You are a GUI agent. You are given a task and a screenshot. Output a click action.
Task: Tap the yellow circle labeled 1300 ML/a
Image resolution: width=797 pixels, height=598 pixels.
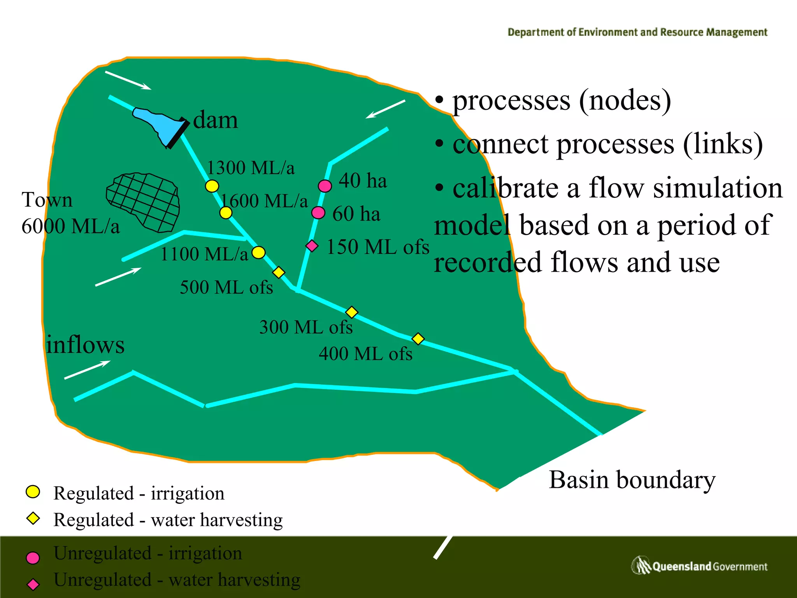[212, 186]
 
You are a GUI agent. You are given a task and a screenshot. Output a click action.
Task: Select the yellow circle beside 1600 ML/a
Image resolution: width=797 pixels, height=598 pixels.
[226, 213]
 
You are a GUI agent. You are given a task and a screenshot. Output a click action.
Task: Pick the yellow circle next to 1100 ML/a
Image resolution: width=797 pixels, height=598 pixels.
[258, 253]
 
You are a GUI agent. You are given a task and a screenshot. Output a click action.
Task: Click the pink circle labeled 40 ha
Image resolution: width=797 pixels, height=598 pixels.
[325, 186]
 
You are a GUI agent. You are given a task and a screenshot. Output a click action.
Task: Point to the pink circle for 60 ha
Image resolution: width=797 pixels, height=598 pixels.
[318, 213]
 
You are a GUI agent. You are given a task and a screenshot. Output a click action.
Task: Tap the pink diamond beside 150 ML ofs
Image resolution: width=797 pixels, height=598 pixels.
[312, 246]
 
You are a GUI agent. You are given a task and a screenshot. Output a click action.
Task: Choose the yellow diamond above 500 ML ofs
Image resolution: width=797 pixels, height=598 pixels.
[279, 272]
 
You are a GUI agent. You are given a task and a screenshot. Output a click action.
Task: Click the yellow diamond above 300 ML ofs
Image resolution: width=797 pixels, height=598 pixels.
[351, 312]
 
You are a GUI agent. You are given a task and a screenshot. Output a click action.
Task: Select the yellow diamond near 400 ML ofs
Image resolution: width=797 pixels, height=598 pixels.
[418, 339]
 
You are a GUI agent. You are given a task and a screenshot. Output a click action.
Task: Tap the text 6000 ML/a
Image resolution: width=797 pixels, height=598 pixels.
[70, 226]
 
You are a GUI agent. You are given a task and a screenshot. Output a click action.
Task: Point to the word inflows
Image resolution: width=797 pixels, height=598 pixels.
[85, 345]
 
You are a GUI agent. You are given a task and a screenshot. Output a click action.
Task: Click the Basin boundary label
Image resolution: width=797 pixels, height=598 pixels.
[632, 480]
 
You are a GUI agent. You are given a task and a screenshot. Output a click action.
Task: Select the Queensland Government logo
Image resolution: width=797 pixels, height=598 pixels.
[699, 566]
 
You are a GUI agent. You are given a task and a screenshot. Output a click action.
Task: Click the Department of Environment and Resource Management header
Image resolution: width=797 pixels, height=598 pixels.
[637, 32]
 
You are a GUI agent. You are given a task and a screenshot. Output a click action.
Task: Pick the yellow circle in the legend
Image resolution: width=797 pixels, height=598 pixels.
[33, 492]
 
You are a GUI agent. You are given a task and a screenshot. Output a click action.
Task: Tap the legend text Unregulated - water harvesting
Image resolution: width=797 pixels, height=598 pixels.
[177, 580]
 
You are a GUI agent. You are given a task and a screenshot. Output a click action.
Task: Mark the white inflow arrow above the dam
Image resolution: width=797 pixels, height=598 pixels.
[128, 80]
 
